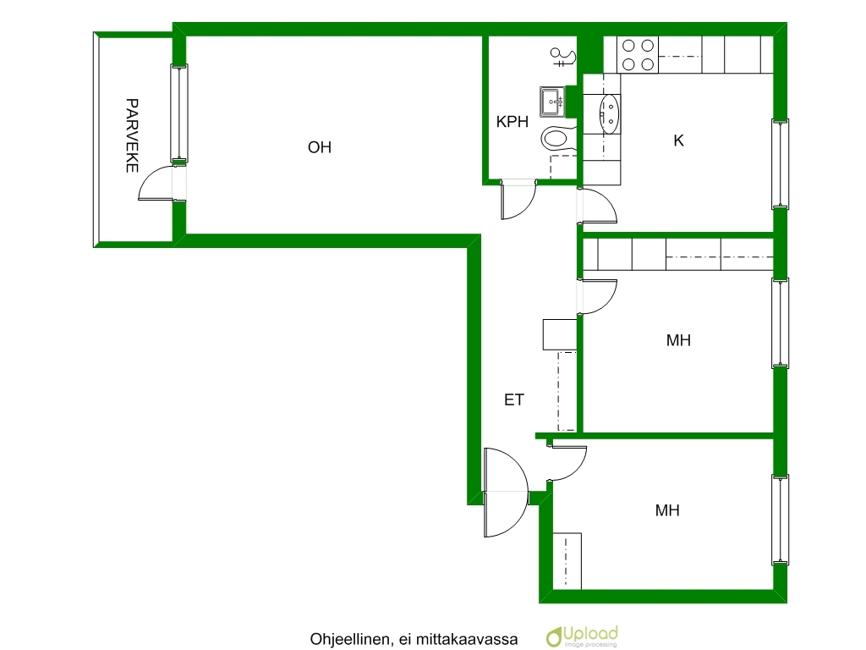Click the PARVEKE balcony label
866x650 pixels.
click(132, 135)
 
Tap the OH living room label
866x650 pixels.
click(319, 147)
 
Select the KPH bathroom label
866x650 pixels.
click(512, 122)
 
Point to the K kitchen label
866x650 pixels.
click(679, 141)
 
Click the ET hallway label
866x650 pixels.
click(513, 399)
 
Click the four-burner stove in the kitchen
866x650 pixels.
click(638, 55)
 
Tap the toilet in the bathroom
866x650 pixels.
click(557, 138)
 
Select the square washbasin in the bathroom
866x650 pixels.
click(552, 102)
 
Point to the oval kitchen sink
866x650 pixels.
click(609, 114)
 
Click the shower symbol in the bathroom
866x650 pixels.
click(563, 57)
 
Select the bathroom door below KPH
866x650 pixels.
click(518, 199)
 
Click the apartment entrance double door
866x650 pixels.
click(506, 492)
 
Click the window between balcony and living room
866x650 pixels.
click(179, 113)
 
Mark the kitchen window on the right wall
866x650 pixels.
click(780, 164)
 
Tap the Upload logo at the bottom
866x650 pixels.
click(582, 636)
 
